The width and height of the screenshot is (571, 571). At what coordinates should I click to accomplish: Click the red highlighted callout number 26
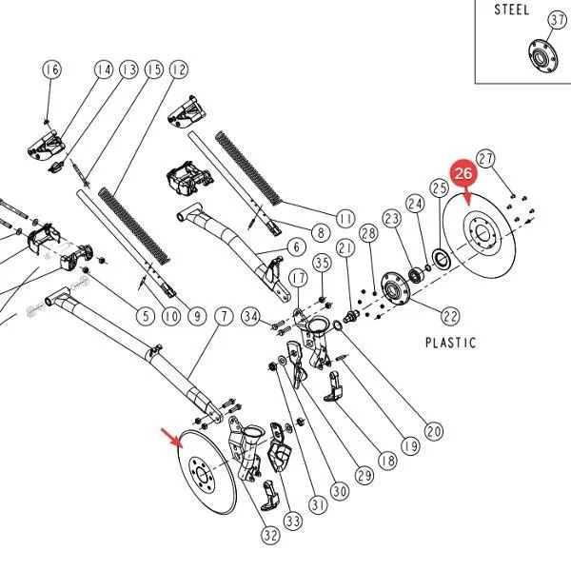pyautogui.click(x=463, y=173)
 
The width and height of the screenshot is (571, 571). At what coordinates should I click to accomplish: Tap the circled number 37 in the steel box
pyautogui.click(x=557, y=20)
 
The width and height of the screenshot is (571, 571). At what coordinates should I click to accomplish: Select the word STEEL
pyautogui.click(x=511, y=10)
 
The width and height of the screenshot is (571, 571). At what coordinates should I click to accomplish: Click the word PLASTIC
pyautogui.click(x=450, y=343)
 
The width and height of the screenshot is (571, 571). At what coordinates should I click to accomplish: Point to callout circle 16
pyautogui.click(x=52, y=69)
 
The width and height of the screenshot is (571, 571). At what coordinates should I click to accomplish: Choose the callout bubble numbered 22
pyautogui.click(x=450, y=316)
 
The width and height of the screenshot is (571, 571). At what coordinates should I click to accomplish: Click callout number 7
pyautogui.click(x=224, y=316)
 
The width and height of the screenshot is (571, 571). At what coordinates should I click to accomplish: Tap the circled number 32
pyautogui.click(x=270, y=535)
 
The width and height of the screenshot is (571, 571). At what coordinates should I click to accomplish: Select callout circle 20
pyautogui.click(x=434, y=431)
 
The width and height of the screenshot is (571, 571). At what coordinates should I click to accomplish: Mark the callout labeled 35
pyautogui.click(x=323, y=263)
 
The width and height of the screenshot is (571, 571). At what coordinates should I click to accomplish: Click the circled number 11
pyautogui.click(x=345, y=219)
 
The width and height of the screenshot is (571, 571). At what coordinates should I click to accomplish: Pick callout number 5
pyautogui.click(x=146, y=316)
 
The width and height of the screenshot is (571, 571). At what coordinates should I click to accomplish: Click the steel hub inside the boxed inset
pyautogui.click(x=543, y=57)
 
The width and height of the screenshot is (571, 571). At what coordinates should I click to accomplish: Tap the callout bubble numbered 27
pyautogui.click(x=485, y=158)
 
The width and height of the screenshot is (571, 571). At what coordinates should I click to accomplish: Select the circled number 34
pyautogui.click(x=251, y=316)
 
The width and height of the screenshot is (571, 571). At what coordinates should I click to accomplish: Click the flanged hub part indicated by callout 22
pyautogui.click(x=395, y=288)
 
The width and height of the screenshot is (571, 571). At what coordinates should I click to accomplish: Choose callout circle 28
pyautogui.click(x=368, y=233)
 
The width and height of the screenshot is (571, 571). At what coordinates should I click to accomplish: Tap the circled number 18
pyautogui.click(x=387, y=461)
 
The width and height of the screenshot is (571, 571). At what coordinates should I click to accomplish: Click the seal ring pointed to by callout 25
pyautogui.click(x=442, y=259)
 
